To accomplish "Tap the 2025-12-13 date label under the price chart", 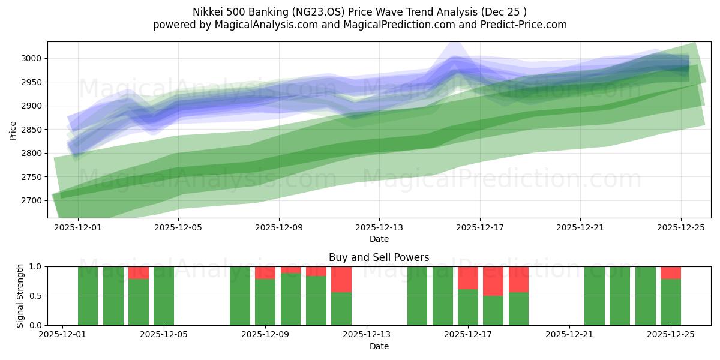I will coord(379,228).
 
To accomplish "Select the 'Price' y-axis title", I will coord(13,130).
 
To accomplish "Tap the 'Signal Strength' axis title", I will coord(20,296).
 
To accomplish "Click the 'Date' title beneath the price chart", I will coord(379,239).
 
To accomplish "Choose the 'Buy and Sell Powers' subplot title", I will coord(379,257).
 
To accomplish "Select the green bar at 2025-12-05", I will coord(164,296).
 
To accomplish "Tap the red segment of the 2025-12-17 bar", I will coord(468,278).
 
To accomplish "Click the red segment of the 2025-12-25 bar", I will coord(670,272).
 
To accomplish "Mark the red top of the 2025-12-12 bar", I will coord(341,279).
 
